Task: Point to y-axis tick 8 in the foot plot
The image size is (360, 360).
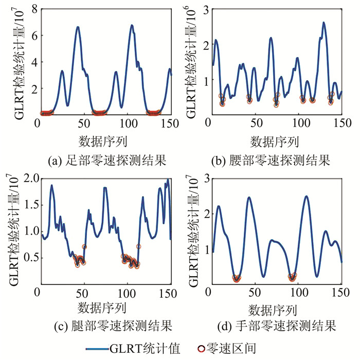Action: pos(32,9)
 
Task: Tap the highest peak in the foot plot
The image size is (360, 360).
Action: pos(132,25)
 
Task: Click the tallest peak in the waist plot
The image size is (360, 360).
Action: pos(323,23)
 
